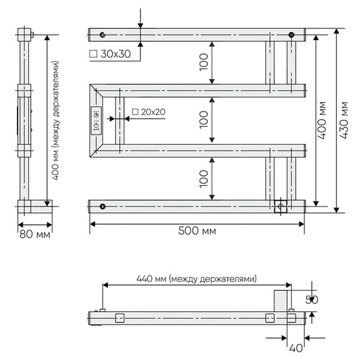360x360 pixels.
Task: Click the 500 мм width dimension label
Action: point(197,231)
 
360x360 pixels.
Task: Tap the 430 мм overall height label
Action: point(344,120)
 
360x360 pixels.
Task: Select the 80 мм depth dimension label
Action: point(35,235)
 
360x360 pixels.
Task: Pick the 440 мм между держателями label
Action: point(196,279)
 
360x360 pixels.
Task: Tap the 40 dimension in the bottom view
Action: point(296,348)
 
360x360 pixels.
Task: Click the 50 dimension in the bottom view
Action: point(312,300)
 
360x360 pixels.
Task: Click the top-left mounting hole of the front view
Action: point(102,35)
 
